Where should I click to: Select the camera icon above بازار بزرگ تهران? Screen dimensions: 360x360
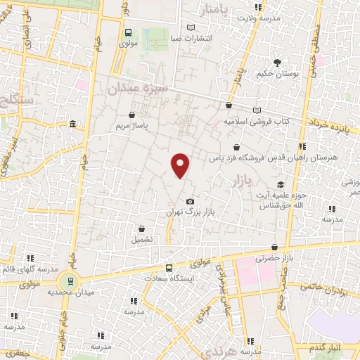[189, 202]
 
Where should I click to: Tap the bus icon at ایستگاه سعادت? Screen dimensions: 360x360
[168, 268]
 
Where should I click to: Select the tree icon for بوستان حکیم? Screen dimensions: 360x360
[279, 62]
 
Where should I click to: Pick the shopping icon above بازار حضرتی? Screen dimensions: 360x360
[274, 247]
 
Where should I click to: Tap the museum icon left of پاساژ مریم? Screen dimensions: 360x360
[74, 124]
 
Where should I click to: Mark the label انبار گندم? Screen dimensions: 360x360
[324, 349]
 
